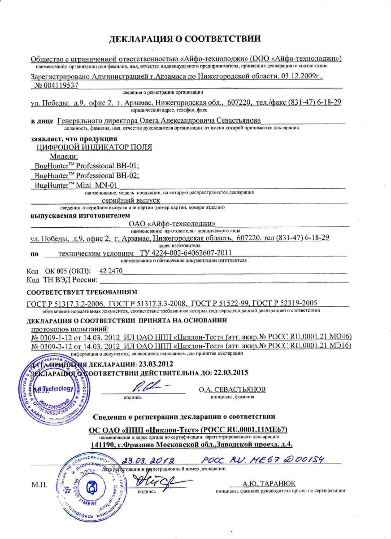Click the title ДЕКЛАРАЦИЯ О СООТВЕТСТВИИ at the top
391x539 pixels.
pos(185,40)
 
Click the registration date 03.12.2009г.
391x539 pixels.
pos(300,76)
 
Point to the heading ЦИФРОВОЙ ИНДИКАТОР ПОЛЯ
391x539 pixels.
pos(93,147)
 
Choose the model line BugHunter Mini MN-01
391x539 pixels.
pos(75,185)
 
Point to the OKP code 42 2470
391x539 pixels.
pos(112,270)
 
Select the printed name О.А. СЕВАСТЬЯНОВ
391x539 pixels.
pos(232,389)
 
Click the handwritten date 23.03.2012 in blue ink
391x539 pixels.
pos(148,461)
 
